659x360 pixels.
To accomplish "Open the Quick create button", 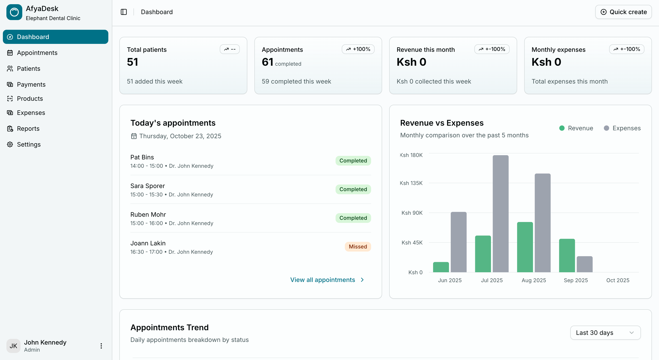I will point(623,12).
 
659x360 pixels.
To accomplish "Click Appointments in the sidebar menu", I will point(37,53).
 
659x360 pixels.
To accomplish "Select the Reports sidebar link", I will point(28,129).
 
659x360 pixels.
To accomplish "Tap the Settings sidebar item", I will point(29,144).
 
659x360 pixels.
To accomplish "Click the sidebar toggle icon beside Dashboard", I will point(124,12).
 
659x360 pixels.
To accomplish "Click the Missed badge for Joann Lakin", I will point(358,246).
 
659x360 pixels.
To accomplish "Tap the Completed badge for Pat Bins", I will point(353,160).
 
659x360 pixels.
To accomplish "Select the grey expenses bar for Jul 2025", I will point(500,213).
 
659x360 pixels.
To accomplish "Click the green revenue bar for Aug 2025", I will point(525,247).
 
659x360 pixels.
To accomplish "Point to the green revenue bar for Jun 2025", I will point(441,267).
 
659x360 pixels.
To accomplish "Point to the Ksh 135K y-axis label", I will point(411,183).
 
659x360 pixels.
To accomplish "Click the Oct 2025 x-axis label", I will point(618,280).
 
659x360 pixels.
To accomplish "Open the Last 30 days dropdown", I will point(605,333).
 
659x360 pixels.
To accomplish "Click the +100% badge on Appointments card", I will point(358,49).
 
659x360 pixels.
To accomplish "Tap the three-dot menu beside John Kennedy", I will point(101,346).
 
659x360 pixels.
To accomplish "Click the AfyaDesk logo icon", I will point(14,12).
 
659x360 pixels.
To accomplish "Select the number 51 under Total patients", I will point(133,62).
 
